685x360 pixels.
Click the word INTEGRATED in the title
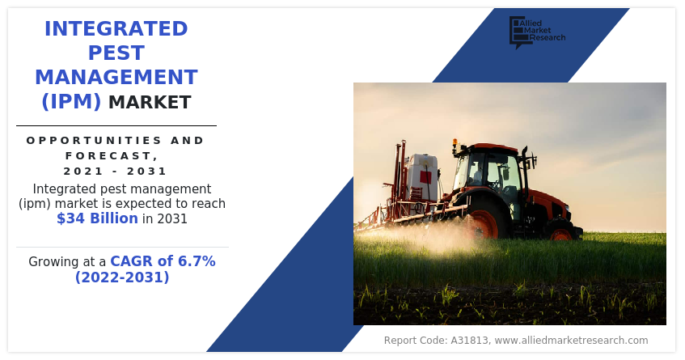(x=116, y=29)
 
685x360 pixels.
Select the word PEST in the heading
(x=116, y=53)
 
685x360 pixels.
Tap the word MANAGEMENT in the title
(x=116, y=78)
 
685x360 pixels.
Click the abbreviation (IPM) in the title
(x=71, y=102)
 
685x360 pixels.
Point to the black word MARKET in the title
(x=150, y=103)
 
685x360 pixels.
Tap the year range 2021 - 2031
(x=116, y=171)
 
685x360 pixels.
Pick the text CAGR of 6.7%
(x=163, y=261)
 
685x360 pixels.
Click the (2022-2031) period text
(x=122, y=277)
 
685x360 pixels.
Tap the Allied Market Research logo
(x=536, y=32)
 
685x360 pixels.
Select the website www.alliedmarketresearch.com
(x=571, y=341)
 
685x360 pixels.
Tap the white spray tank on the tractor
(x=422, y=176)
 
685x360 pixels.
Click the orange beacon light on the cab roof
(x=455, y=143)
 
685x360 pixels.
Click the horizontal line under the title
(x=116, y=125)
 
